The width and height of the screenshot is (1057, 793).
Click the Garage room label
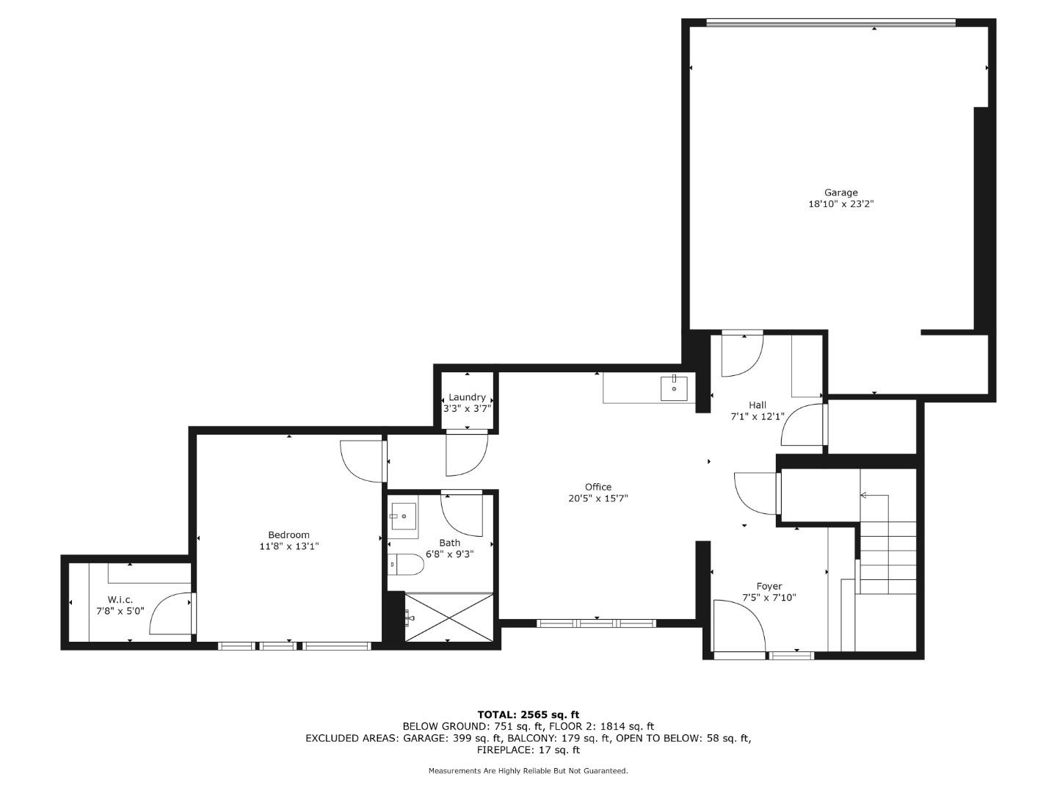point(840,193)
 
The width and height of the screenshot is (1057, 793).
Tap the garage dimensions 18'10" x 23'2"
point(840,205)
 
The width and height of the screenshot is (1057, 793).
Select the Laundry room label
point(467,397)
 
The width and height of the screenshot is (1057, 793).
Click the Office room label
point(597,487)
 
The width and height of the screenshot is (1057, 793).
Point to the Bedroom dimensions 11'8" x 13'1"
point(288,546)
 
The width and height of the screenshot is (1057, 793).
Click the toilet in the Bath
point(406,565)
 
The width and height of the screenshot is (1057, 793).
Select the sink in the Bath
point(403,516)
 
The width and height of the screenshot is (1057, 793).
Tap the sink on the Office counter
point(674,387)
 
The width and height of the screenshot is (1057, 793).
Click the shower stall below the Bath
point(448,618)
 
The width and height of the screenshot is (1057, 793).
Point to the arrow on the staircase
point(864,496)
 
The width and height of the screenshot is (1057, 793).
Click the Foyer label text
point(769,586)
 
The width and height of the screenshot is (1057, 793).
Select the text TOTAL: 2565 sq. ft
point(528,714)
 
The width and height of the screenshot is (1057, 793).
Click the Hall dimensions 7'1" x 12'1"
point(757,416)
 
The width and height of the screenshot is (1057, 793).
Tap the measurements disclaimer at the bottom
point(528,771)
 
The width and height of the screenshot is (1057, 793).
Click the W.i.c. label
point(120,599)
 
